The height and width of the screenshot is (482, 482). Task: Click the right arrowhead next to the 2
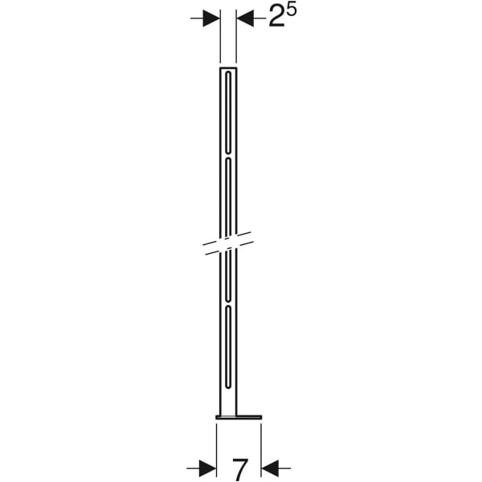pyautogui.click(x=245, y=18)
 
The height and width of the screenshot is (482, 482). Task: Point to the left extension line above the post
pyautogui.click(x=220, y=40)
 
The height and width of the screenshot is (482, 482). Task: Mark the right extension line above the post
pyautogui.click(x=237, y=40)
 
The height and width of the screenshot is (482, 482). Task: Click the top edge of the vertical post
pyautogui.click(x=228, y=68)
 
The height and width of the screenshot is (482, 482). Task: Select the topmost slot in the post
pyautogui.click(x=228, y=112)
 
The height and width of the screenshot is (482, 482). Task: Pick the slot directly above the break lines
pyautogui.click(x=228, y=197)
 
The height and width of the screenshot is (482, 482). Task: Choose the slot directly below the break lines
pyautogui.click(x=228, y=277)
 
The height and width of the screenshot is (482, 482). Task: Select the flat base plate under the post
pyautogui.click(x=239, y=417)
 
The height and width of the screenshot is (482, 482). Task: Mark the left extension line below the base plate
pyautogui.click(x=217, y=446)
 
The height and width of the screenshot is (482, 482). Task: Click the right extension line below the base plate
pyautogui.click(x=261, y=446)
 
